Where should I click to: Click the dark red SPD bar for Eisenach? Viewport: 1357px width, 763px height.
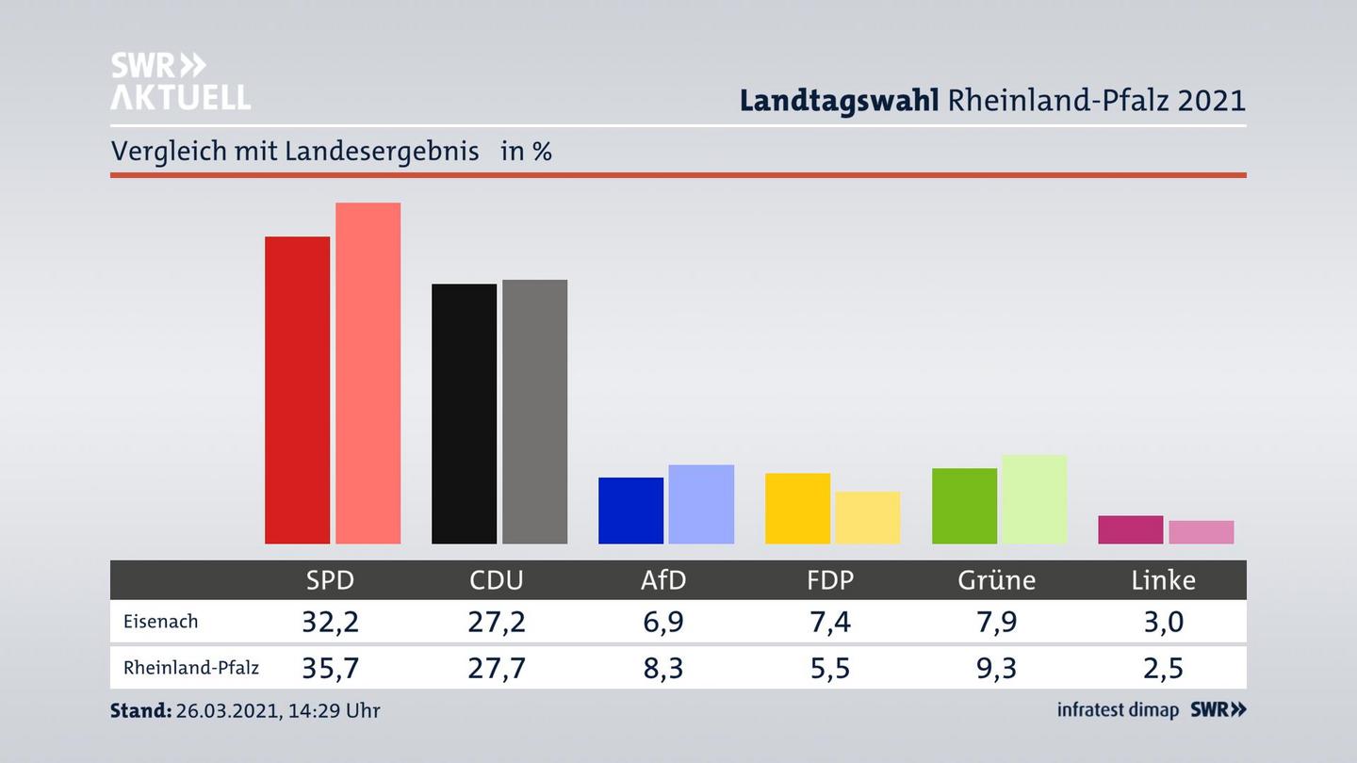297,390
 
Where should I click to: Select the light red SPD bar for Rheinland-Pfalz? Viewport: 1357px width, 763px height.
368,373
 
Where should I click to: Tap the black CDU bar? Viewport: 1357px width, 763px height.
464,414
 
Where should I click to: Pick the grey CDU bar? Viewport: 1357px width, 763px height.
534,412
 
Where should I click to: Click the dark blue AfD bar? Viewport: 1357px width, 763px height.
630,511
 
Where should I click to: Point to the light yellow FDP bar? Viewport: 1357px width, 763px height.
867,517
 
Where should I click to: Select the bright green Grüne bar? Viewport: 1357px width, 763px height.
964,506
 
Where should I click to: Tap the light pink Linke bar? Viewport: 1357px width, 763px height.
1201,532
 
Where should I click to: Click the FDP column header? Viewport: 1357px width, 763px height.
830,580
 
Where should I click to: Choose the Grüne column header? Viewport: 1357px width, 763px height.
996,580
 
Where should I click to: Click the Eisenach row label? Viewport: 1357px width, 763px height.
160,622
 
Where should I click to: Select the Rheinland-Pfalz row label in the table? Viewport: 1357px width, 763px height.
190,668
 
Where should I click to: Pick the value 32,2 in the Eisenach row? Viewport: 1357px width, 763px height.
330,622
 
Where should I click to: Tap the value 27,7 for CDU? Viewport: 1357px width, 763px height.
497,668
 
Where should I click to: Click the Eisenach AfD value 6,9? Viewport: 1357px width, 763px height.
663,622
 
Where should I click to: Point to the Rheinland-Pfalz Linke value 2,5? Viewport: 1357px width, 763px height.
1163,668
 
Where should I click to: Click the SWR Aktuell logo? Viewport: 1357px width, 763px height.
180,81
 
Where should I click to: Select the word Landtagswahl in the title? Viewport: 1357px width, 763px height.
839,101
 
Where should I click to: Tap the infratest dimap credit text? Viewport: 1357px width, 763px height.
1118,710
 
